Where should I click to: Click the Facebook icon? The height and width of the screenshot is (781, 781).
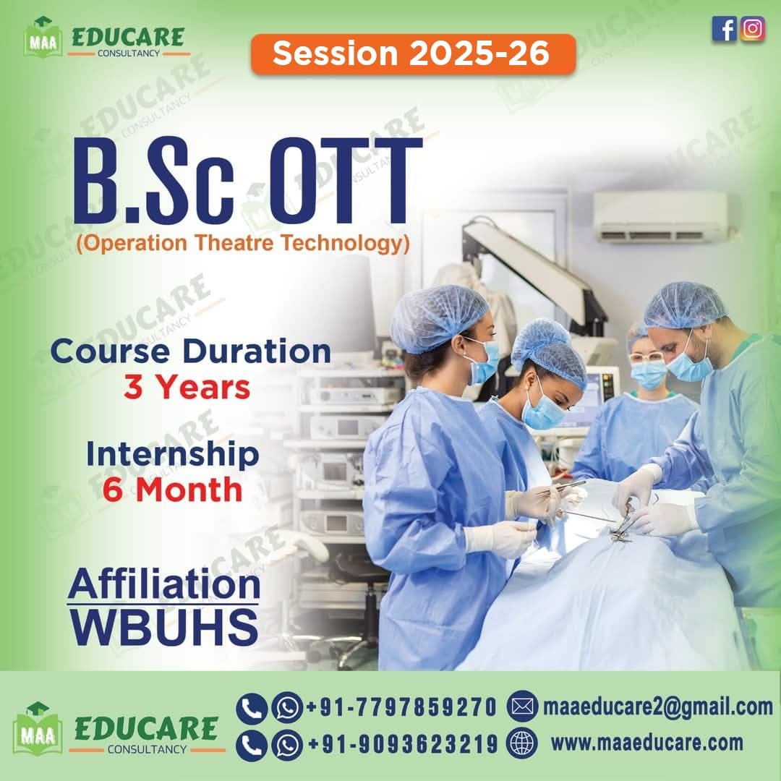(x=724, y=29)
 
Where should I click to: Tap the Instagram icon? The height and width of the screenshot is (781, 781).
(x=752, y=29)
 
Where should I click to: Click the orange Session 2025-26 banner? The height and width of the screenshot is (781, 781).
(x=413, y=54)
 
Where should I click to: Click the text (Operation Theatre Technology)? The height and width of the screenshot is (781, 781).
(x=243, y=243)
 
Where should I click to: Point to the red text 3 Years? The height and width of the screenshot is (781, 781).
(x=187, y=388)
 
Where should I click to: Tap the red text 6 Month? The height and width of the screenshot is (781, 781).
(x=172, y=490)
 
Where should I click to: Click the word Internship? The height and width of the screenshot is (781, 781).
(x=172, y=456)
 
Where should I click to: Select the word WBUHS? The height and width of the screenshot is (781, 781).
(x=164, y=626)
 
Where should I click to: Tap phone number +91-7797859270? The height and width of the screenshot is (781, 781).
(x=401, y=707)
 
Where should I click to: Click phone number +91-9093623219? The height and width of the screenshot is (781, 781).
(x=403, y=744)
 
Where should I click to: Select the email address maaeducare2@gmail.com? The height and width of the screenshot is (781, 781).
(x=657, y=707)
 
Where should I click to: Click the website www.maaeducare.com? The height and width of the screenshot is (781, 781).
(x=647, y=743)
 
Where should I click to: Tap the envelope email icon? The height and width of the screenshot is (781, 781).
(x=522, y=707)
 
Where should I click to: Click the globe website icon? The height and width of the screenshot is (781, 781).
(x=521, y=743)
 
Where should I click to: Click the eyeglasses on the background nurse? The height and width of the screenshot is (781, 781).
(x=646, y=357)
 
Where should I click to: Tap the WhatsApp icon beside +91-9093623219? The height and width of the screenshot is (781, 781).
(x=287, y=745)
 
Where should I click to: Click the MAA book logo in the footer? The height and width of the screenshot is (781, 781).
(x=38, y=729)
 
